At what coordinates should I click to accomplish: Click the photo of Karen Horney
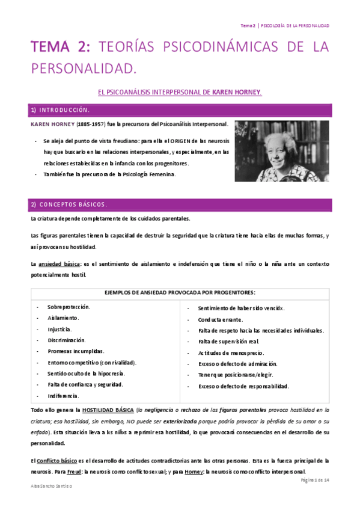[281, 150]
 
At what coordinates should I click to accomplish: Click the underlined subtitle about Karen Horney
[180, 92]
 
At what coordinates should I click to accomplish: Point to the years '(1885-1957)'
[93, 124]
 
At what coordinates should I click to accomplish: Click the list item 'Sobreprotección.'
[69, 307]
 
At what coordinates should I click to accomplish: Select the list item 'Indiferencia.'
[63, 396]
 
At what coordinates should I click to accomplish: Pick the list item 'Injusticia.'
[59, 329]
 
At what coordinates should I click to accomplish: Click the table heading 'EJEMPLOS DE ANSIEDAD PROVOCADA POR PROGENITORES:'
[180, 292]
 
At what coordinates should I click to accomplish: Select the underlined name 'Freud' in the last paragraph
[76, 472]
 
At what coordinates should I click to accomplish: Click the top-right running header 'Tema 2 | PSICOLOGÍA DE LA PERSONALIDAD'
[284, 25]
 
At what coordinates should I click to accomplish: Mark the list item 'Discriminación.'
[67, 340]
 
